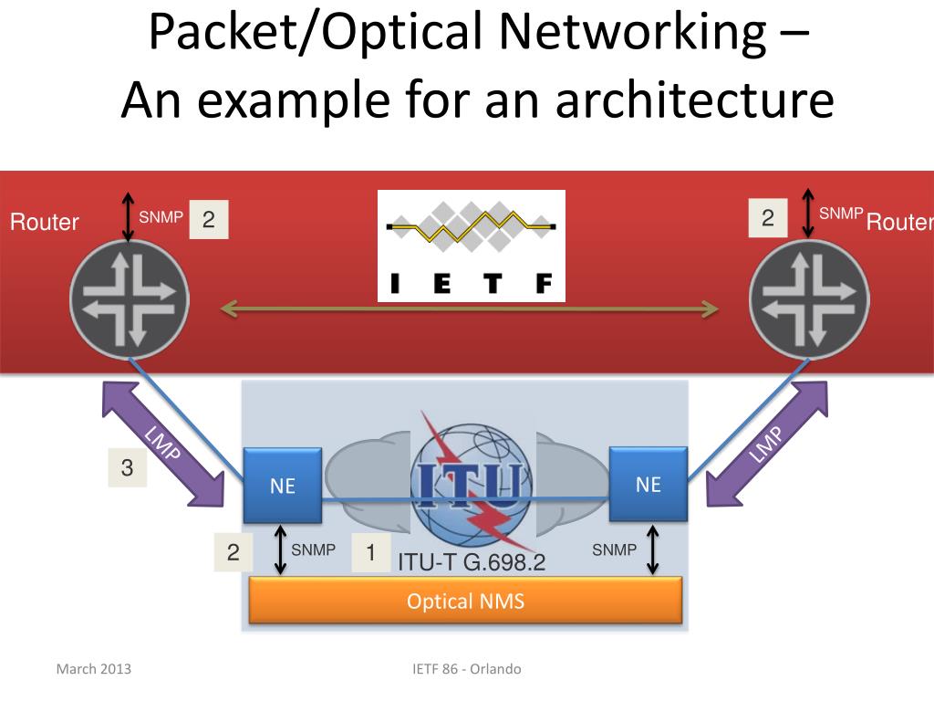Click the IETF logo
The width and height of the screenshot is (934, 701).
[471, 246]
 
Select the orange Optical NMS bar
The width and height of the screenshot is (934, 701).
[465, 602]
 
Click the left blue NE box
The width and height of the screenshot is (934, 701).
[283, 485]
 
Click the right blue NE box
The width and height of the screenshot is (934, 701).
[649, 483]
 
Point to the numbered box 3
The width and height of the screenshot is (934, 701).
[127, 468]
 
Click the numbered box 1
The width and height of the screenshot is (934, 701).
[370, 553]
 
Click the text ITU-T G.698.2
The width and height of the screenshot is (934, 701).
[471, 562]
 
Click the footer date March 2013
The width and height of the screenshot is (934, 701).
[94, 669]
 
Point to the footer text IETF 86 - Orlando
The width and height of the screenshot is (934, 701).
[466, 669]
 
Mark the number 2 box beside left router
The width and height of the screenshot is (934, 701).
[209, 220]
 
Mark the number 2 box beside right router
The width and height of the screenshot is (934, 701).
[768, 218]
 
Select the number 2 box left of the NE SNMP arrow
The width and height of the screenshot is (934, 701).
[233, 552]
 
